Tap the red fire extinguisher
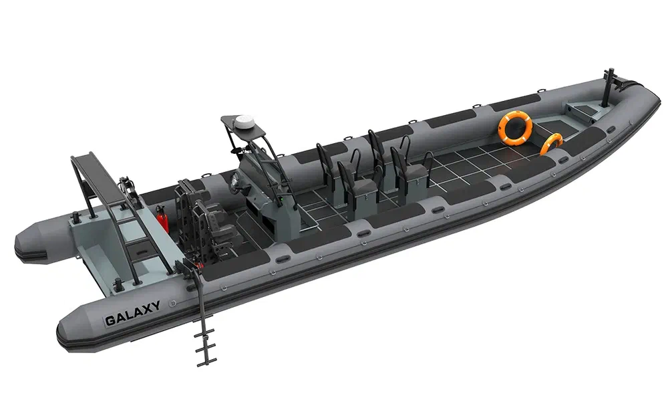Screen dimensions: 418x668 (x=161, y=219)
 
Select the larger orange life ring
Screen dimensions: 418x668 (x=515, y=128)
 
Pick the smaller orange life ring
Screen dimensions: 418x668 (x=552, y=143)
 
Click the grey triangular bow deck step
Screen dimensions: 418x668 (x=584, y=108)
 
